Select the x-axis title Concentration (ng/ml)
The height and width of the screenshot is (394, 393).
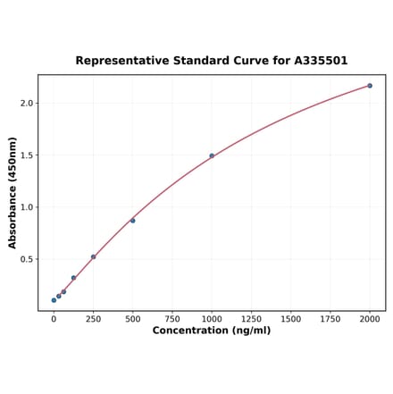[x=212, y=331]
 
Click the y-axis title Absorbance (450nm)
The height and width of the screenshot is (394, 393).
[x=13, y=193]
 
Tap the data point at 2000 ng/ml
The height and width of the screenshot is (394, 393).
[x=370, y=86]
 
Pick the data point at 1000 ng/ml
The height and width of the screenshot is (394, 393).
[x=212, y=155]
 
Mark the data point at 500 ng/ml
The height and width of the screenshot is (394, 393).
[x=133, y=221]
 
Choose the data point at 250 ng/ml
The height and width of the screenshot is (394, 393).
[x=93, y=257]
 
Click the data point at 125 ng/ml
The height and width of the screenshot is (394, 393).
[x=73, y=278]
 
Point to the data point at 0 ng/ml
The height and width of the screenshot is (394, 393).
[x=54, y=300]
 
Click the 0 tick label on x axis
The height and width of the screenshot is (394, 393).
[x=54, y=318]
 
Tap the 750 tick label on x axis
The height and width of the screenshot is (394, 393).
[x=172, y=318]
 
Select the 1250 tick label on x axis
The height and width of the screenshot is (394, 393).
[x=251, y=318]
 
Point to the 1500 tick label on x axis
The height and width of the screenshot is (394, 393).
[x=290, y=318]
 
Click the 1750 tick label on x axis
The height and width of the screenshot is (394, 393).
[x=330, y=318]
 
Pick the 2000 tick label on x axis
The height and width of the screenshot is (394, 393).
[x=370, y=318]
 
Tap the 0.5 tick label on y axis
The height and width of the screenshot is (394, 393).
[x=26, y=260]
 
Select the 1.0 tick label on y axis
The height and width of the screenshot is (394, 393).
[x=26, y=207]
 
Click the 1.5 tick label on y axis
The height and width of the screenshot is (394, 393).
[x=26, y=155]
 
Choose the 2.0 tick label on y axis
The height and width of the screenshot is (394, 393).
[x=26, y=104]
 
